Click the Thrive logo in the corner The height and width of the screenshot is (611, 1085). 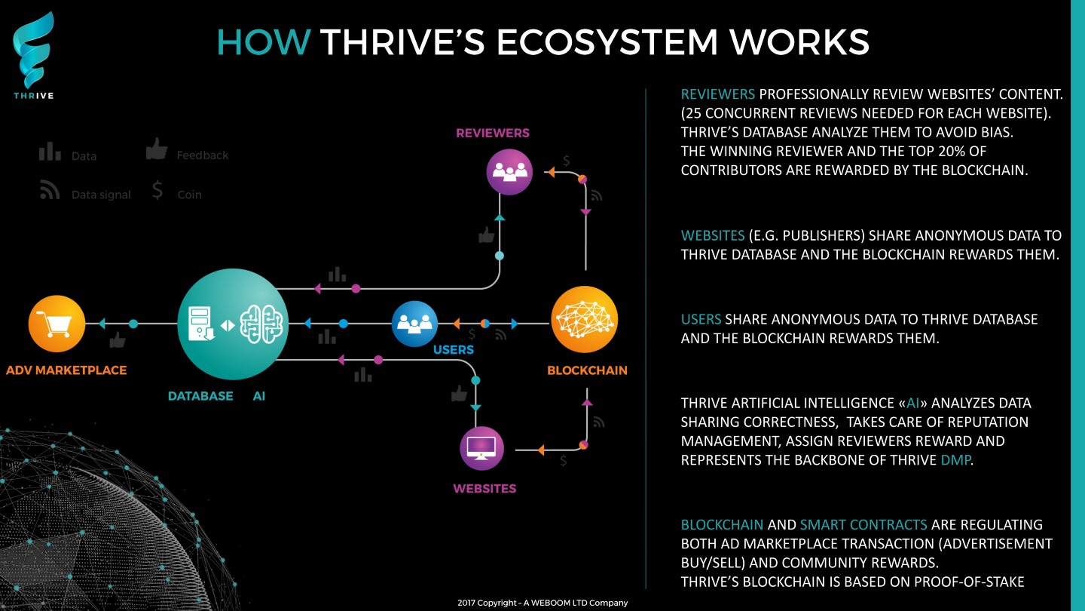[x=33, y=55]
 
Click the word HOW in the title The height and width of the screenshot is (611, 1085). [x=264, y=42]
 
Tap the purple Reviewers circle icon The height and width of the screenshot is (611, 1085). [x=509, y=172]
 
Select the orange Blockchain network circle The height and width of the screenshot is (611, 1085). [x=585, y=319]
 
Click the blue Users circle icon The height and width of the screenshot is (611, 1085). [x=414, y=324]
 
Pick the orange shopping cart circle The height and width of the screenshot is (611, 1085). [x=57, y=324]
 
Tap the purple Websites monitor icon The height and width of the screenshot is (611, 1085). [x=481, y=448]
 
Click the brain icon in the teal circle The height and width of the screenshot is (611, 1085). [x=261, y=324]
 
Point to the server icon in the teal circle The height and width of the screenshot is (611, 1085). [x=201, y=324]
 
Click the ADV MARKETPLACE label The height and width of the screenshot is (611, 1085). [x=66, y=370]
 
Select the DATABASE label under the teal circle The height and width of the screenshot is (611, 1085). [x=200, y=396]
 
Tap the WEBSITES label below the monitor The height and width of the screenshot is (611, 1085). [x=484, y=488]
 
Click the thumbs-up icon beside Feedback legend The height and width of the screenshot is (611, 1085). [x=157, y=149]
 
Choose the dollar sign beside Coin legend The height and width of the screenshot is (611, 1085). [x=157, y=191]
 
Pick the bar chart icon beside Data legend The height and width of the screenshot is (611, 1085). [x=50, y=151]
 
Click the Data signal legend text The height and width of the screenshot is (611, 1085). [x=101, y=195]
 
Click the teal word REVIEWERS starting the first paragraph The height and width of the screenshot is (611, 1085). [x=718, y=94]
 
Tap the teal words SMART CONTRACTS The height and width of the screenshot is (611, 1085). [x=863, y=525]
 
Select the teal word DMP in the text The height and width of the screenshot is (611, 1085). [x=955, y=459]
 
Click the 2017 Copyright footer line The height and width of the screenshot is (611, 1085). [x=542, y=603]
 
